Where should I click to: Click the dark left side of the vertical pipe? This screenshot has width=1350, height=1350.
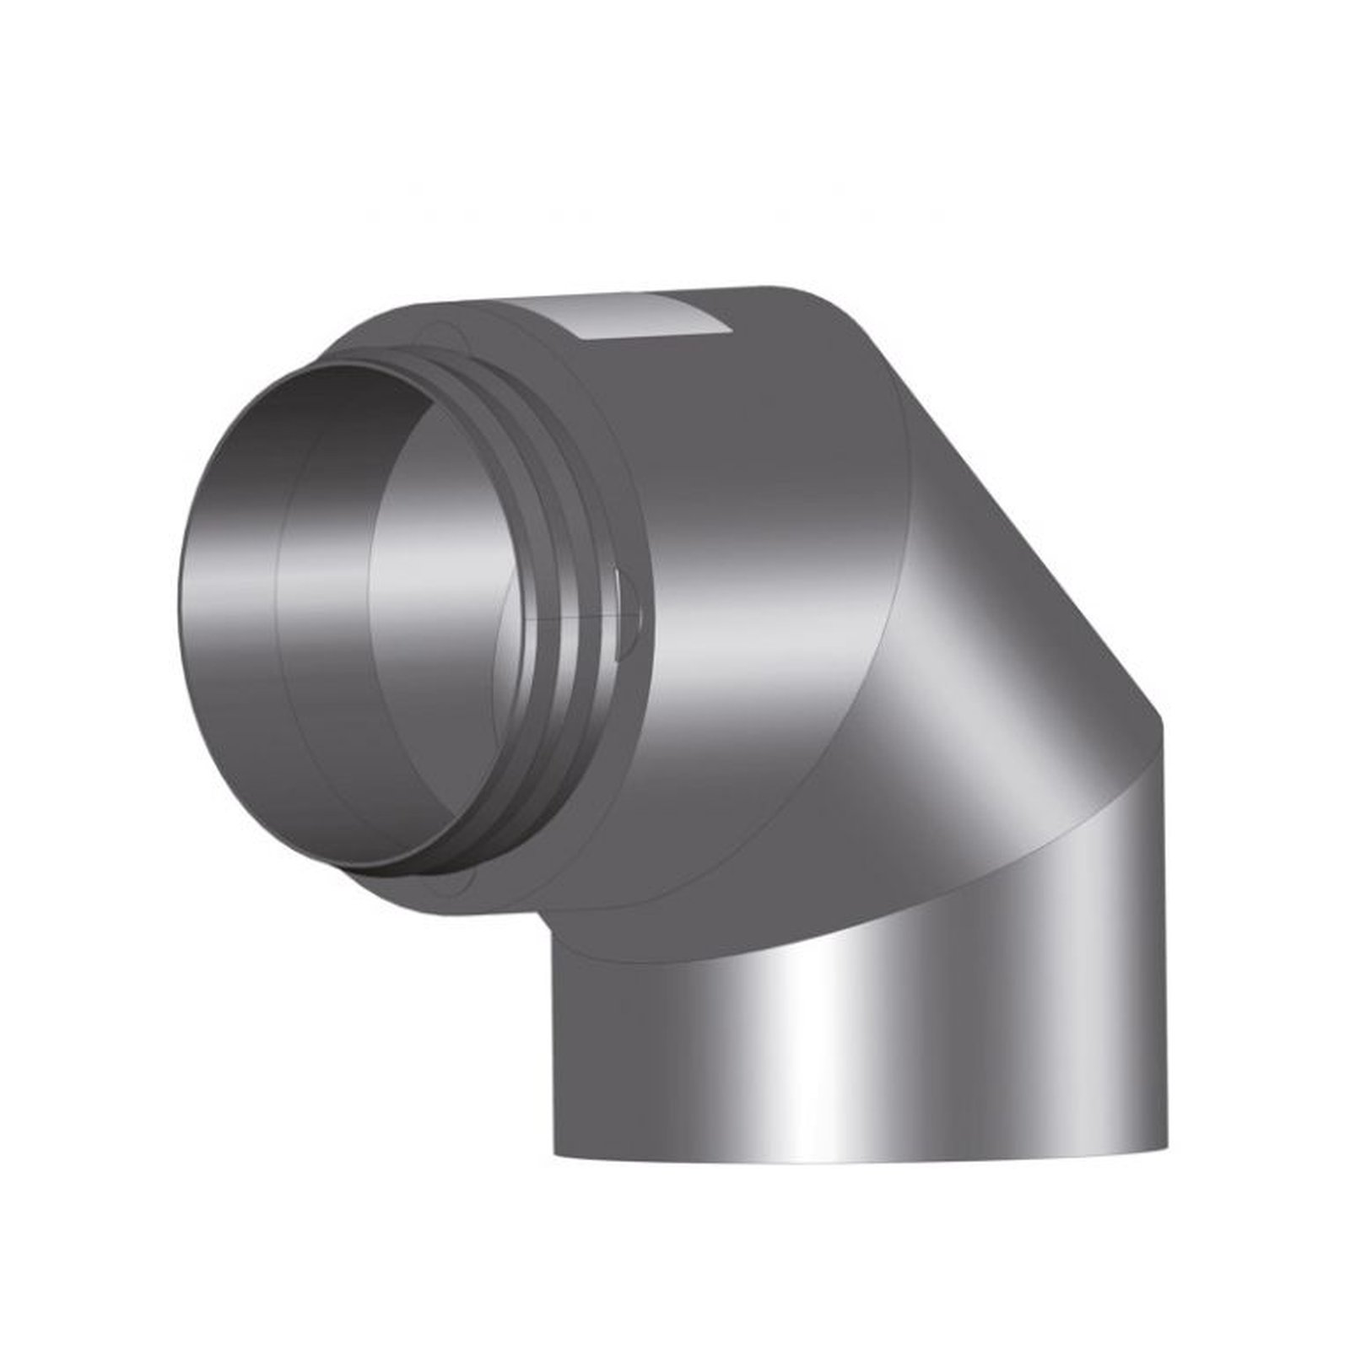click(x=591, y=1055)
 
